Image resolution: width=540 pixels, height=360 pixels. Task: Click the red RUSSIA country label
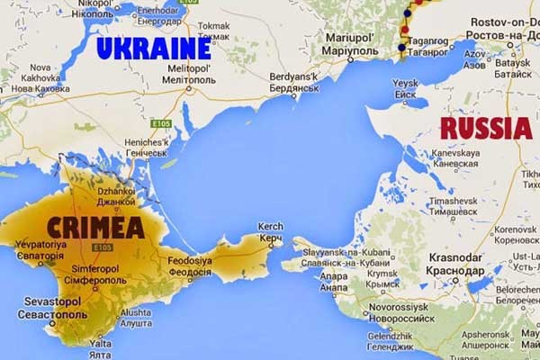(485, 128)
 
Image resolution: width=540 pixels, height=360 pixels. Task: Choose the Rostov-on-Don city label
(494, 27)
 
